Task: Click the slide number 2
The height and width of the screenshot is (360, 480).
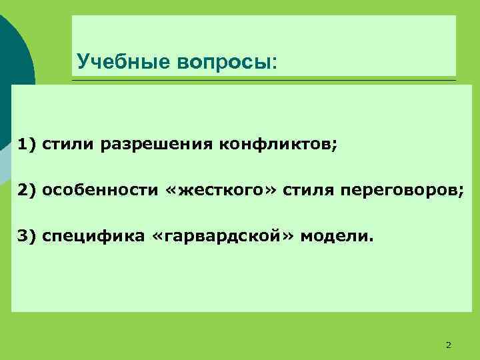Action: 448,345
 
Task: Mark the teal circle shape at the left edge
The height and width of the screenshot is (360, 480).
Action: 13,60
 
